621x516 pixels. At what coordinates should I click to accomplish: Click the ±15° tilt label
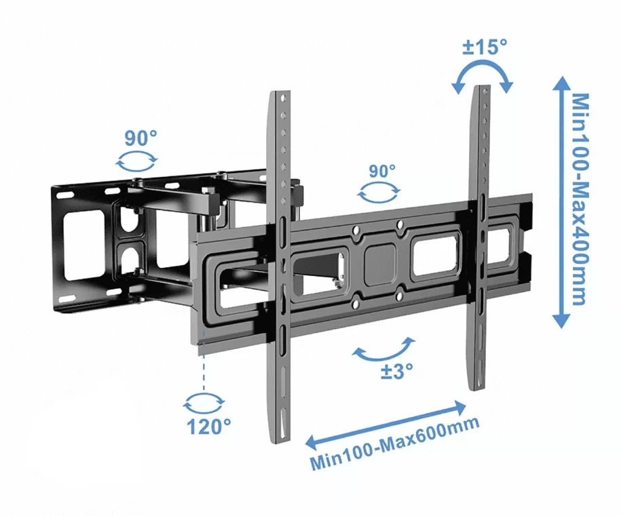(484, 47)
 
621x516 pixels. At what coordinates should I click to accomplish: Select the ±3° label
(394, 371)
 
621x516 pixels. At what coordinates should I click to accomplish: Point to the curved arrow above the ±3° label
(384, 349)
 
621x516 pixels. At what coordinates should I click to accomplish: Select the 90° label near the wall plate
(140, 138)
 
